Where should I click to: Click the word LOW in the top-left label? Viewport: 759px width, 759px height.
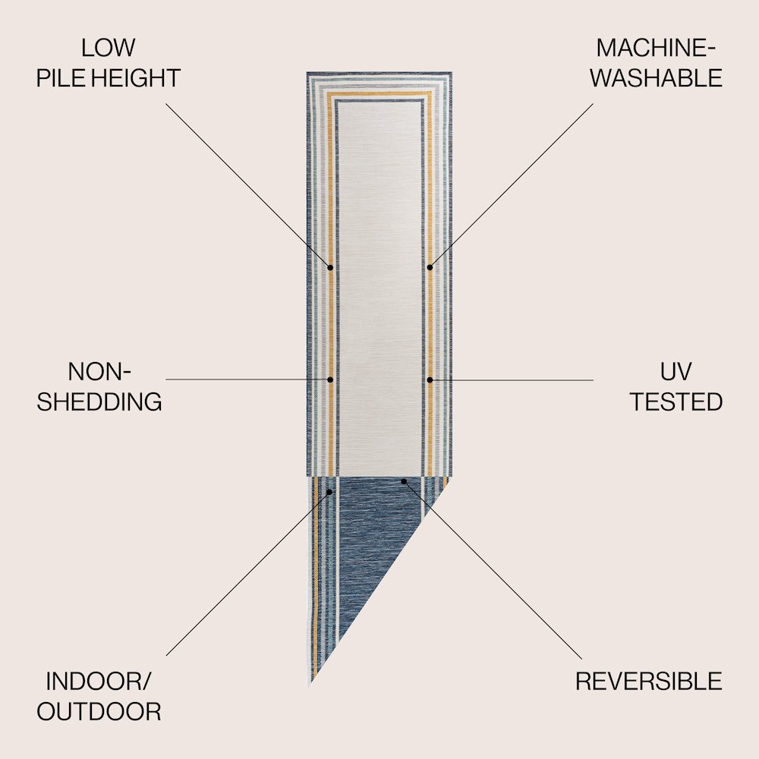coord(108,48)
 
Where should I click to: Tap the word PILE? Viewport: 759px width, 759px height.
coord(61,78)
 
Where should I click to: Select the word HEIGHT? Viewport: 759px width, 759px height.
coord(136,78)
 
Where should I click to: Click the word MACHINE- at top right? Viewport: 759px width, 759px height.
coord(656,48)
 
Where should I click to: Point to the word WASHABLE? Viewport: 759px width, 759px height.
coord(656,78)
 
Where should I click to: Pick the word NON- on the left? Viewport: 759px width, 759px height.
coord(99,372)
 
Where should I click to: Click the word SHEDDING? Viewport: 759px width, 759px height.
coord(99,402)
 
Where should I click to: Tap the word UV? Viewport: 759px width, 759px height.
coord(676,372)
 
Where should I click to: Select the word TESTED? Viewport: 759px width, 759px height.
coord(676,402)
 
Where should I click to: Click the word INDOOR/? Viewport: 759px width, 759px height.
coord(99,682)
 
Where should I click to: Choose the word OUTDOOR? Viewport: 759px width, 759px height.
coord(99,712)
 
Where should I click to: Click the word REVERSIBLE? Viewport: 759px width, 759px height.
coord(649,682)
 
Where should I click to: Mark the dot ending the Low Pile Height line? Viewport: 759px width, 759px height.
coord(331,267)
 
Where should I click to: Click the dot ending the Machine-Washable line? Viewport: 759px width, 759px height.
coord(430,267)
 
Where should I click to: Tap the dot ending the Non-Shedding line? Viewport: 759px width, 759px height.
coord(331,380)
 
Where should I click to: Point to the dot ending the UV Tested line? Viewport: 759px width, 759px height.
coord(430,380)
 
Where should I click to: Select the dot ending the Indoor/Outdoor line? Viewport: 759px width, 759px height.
coord(329,493)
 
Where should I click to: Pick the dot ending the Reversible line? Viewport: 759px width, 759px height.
coord(404,482)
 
